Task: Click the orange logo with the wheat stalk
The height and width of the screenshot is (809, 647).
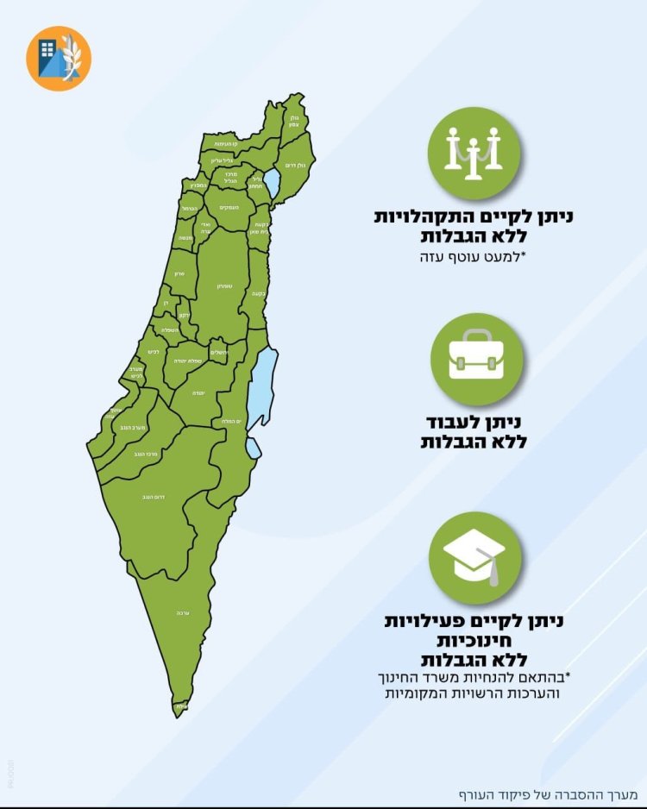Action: tap(59, 58)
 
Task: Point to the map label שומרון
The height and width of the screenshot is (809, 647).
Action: tap(222, 285)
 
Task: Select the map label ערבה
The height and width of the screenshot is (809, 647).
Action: tap(182, 612)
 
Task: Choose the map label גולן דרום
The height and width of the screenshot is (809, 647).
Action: tap(293, 165)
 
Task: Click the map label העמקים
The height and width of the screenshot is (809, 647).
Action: tap(229, 207)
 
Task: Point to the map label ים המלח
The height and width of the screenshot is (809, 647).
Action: tap(230, 421)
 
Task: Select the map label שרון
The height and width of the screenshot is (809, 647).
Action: tap(179, 273)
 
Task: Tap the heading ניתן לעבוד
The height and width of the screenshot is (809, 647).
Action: tap(476, 423)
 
